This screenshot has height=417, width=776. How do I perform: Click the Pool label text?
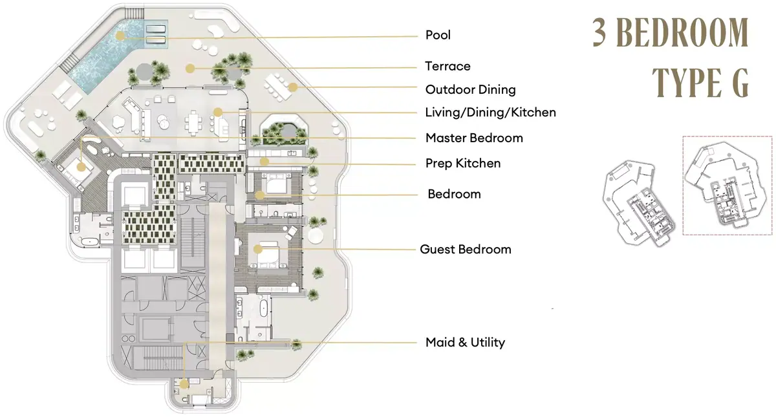click(x=438, y=35)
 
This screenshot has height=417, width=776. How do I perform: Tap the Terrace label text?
click(x=447, y=66)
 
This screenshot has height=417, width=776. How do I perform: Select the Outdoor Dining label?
click(x=471, y=90)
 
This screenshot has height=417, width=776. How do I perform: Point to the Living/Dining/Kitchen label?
click(x=491, y=112)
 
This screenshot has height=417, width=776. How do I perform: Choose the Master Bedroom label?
click(x=474, y=138)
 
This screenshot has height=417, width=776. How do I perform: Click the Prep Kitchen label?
click(x=463, y=163)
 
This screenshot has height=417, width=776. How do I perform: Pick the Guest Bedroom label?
click(x=465, y=250)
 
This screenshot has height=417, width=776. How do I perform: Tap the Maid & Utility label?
click(x=465, y=342)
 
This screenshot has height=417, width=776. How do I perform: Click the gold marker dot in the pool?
click(x=120, y=36)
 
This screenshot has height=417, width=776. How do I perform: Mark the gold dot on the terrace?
click(x=189, y=69)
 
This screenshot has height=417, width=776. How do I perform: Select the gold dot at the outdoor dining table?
click(x=293, y=87)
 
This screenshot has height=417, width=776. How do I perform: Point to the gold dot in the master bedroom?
click(x=81, y=167)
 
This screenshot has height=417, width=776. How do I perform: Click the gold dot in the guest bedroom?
click(x=257, y=249)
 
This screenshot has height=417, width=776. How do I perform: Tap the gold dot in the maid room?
click(x=184, y=384)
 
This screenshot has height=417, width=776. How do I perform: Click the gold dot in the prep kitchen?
click(x=264, y=162)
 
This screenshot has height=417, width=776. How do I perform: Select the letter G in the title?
click(x=738, y=83)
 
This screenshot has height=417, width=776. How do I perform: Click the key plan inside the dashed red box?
click(x=727, y=186)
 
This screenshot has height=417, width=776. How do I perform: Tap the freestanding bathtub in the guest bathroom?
click(x=263, y=308)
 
